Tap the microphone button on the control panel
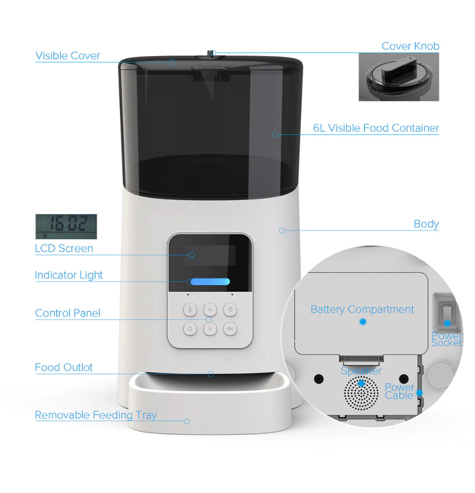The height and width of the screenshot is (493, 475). [190, 310]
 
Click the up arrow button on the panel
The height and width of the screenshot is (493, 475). [210, 310]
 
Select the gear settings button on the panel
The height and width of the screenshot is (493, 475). [230, 310]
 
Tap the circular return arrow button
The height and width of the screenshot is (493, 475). [190, 329]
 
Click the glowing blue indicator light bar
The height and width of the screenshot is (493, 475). [210, 282]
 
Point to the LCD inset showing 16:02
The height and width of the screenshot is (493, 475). [66, 227]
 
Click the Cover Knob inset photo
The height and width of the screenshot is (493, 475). [399, 77]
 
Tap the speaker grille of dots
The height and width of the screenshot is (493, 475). [361, 393]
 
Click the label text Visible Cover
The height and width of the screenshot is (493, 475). [68, 56]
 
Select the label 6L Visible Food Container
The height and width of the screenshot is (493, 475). [376, 128]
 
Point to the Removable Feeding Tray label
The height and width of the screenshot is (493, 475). [96, 415]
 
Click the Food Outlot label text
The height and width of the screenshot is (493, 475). [64, 367]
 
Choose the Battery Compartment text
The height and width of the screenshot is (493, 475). [362, 310]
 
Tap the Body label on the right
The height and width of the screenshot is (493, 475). [426, 224]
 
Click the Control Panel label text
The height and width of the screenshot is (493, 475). [68, 313]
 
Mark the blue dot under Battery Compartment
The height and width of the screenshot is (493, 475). [363, 322]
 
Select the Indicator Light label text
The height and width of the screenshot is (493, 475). [69, 275]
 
